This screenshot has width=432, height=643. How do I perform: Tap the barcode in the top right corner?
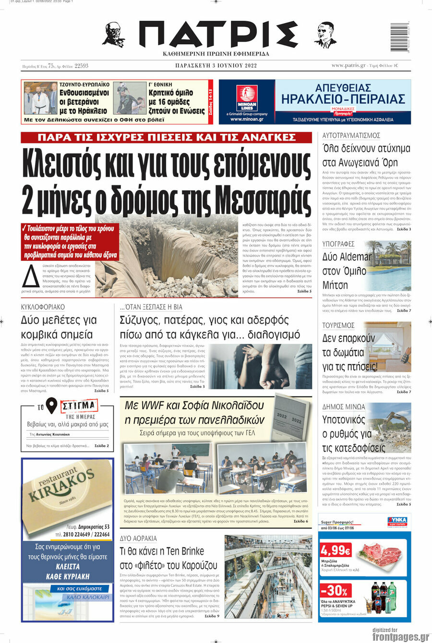click(x=398, y=37)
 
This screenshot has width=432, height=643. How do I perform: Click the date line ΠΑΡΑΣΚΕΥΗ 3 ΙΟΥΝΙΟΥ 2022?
click(x=216, y=66)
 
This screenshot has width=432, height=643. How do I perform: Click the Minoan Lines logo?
click(x=247, y=98)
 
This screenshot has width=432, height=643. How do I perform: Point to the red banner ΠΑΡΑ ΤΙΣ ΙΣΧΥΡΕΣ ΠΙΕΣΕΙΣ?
click(x=166, y=138)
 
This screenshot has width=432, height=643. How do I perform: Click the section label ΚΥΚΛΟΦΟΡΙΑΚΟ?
click(x=43, y=307)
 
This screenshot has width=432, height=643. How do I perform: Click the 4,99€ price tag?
click(x=336, y=549)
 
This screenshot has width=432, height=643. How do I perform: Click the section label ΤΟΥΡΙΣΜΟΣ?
click(x=338, y=326)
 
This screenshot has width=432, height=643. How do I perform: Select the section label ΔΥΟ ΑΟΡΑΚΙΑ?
click(x=138, y=538)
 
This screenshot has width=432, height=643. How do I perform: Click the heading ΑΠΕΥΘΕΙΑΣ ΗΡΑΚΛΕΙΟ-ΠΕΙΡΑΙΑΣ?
click(x=343, y=94)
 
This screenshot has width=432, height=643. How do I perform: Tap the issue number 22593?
click(x=81, y=66)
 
